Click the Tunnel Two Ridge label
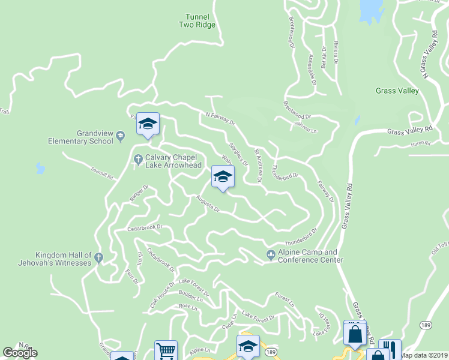[196, 21]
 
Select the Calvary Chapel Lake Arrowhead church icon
[137, 159]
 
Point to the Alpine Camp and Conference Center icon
[271, 256]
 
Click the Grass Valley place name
[397, 91]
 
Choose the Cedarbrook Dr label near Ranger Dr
[145, 229]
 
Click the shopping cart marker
[166, 350]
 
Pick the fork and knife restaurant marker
[390, 349]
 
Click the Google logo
[20, 353]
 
